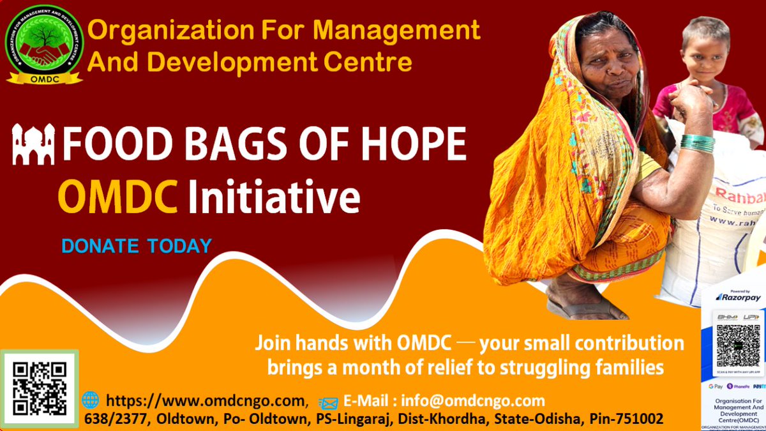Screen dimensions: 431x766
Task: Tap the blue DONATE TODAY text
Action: (x=136, y=245)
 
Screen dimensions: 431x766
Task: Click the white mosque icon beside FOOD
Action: (x=34, y=145)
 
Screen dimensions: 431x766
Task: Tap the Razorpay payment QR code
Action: (x=737, y=345)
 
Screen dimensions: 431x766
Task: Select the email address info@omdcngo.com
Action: (x=473, y=401)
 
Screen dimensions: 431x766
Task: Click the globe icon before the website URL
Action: (x=91, y=400)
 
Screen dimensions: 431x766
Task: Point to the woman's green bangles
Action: (x=696, y=143)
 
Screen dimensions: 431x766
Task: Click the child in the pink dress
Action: (x=709, y=77)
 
